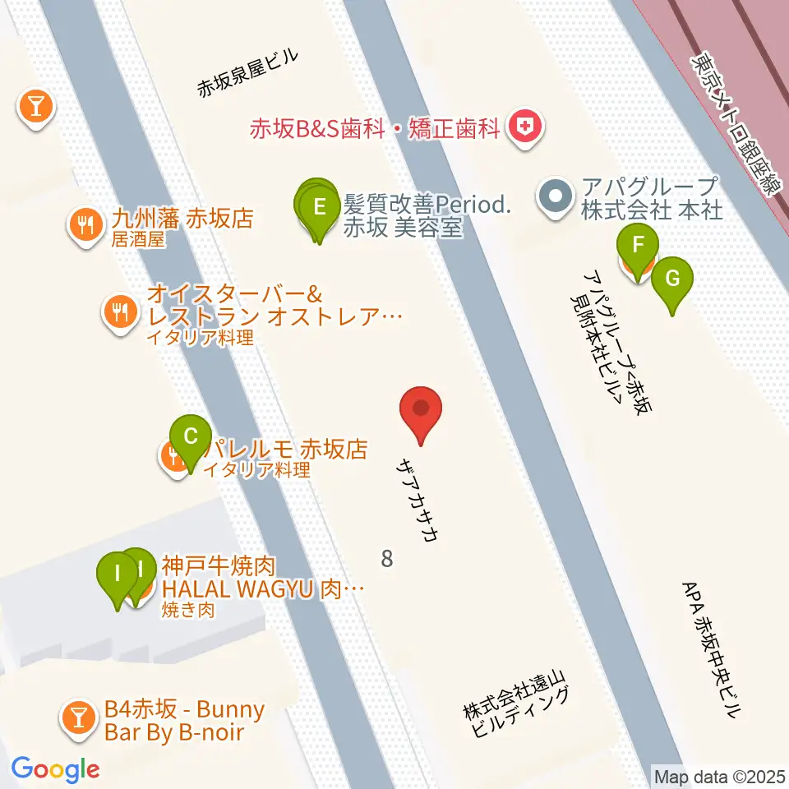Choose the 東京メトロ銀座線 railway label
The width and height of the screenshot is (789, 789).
point(735,124)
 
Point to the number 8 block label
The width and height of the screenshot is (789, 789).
point(387,559)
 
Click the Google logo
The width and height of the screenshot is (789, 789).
point(55,768)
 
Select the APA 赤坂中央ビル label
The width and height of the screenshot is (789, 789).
point(711,649)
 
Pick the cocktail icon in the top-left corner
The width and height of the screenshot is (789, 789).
point(35,104)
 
